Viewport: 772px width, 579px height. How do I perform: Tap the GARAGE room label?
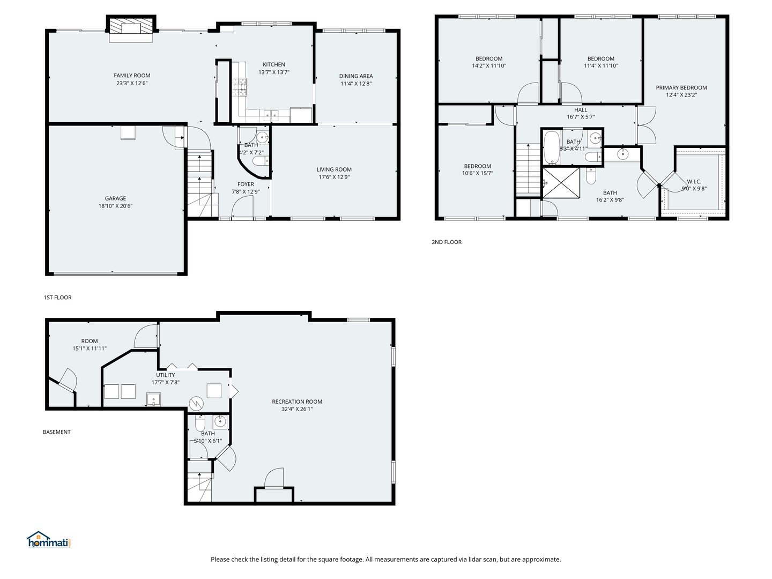click(115, 198)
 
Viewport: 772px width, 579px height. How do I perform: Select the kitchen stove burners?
click(239, 87)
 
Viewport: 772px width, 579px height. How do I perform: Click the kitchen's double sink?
click(271, 115)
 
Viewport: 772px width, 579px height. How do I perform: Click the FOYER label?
click(246, 184)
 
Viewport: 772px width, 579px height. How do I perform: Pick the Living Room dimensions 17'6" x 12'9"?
click(334, 177)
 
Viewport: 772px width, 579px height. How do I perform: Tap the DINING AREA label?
click(356, 76)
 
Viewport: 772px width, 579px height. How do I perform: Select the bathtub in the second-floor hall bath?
click(552, 148)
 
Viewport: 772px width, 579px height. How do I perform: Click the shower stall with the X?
click(561, 183)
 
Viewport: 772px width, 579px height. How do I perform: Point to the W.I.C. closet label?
click(694, 181)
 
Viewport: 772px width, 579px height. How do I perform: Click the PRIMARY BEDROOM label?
click(681, 87)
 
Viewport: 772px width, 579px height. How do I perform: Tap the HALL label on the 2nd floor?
click(581, 110)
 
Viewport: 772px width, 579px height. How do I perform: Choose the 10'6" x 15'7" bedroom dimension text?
click(477, 173)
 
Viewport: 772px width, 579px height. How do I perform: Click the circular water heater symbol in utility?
click(196, 404)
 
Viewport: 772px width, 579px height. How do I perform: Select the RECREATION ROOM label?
click(297, 402)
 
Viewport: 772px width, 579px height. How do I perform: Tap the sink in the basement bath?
click(220, 422)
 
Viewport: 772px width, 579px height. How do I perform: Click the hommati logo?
click(49, 540)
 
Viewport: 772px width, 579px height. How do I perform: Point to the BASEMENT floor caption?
click(57, 432)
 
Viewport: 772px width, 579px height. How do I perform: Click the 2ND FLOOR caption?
click(447, 242)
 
